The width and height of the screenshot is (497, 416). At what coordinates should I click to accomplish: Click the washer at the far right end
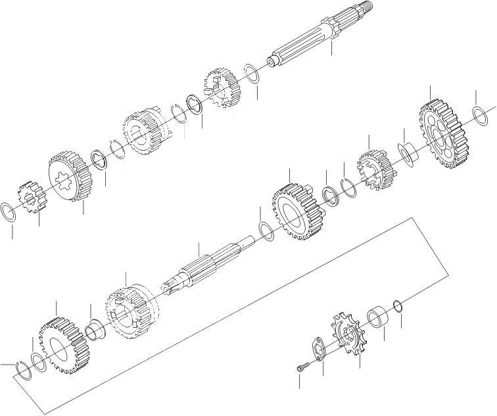[x=481, y=115]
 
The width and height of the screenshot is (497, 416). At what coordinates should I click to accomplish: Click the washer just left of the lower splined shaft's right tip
[x=266, y=231]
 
